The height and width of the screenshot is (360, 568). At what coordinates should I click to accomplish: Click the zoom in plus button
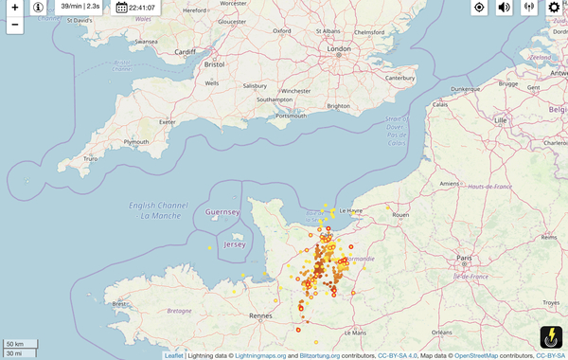pyautogui.click(x=14, y=8)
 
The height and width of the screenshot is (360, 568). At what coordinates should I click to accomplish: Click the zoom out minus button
pyautogui.click(x=14, y=25)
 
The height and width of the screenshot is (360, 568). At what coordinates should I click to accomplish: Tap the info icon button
pyautogui.click(x=38, y=8)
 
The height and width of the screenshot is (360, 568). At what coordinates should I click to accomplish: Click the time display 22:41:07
pyautogui.click(x=135, y=8)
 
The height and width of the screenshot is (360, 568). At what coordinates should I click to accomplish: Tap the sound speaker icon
pyautogui.click(x=504, y=8)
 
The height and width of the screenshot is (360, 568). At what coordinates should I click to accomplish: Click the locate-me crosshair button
pyautogui.click(x=479, y=8)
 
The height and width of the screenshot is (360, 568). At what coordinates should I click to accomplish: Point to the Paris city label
pyautogui.click(x=464, y=257)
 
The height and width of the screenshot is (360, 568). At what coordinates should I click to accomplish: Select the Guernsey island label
pyautogui.click(x=223, y=212)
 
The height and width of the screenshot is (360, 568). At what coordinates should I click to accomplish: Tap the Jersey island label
pyautogui.click(x=234, y=244)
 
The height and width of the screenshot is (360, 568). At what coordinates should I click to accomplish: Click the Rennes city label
pyautogui.click(x=261, y=315)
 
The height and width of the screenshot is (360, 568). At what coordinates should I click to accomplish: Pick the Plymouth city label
pyautogui.click(x=136, y=142)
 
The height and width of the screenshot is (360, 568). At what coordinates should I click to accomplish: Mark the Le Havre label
pyautogui.click(x=349, y=210)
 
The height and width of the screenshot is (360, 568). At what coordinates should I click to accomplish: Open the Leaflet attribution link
pyautogui.click(x=173, y=355)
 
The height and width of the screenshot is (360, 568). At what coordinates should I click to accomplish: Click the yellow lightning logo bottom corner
pyautogui.click(x=550, y=335)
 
